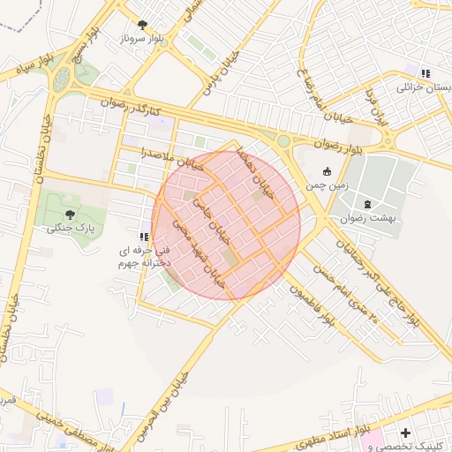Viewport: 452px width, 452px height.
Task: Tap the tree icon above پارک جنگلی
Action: pyautogui.click(x=70, y=214)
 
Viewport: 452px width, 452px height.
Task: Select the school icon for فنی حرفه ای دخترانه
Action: pyautogui.click(x=144, y=237)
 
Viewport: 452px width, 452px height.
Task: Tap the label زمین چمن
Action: pyautogui.click(x=328, y=186)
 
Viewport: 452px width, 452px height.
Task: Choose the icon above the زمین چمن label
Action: pyautogui.click(x=328, y=172)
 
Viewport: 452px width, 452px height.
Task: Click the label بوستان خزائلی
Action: pyautogui.click(x=426, y=88)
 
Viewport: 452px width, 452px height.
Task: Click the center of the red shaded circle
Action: pyautogui.click(x=226, y=225)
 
